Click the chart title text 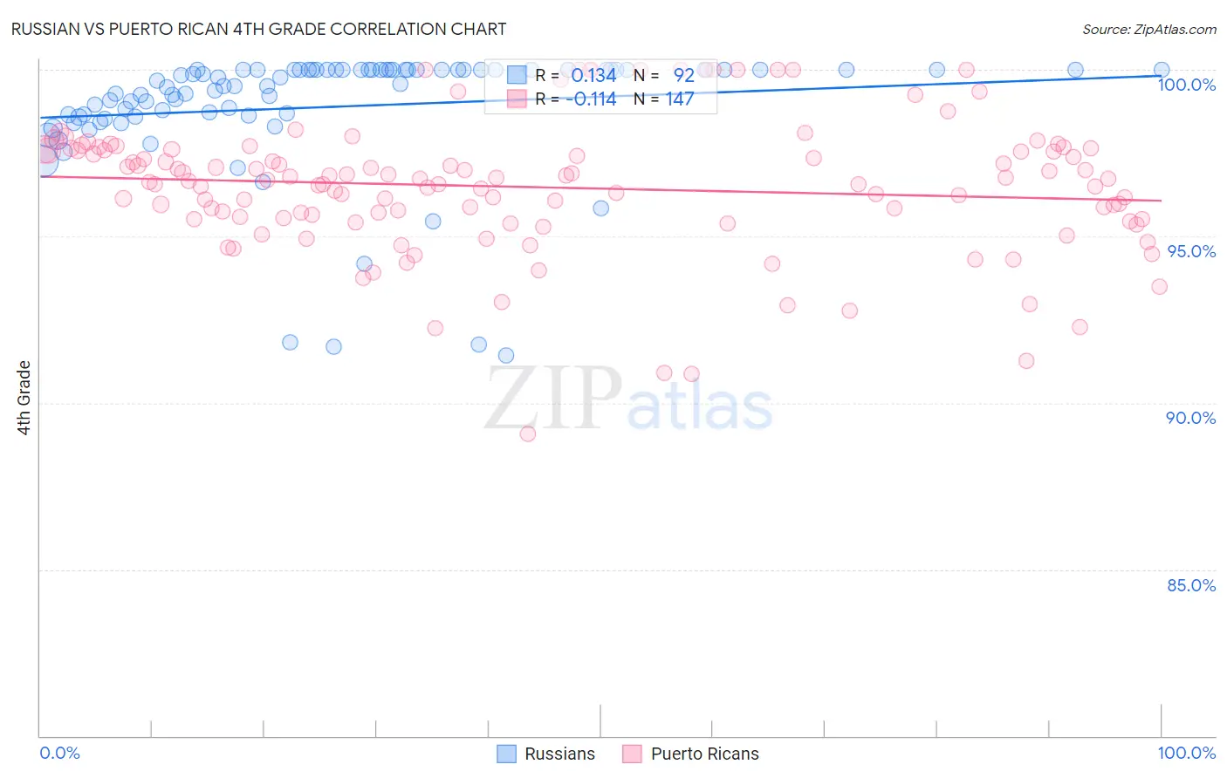point(259,29)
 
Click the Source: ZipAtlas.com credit point(1148,29)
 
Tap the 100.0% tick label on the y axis point(1186,85)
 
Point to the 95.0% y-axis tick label point(1191,251)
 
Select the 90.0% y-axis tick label point(1190,418)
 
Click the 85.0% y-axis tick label point(1190,585)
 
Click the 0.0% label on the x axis point(59,753)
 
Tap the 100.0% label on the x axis point(1186,753)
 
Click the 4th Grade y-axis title point(24,398)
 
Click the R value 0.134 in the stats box point(593,76)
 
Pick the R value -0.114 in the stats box point(591,99)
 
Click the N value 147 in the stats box point(680,99)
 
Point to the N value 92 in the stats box point(683,76)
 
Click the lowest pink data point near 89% point(527,433)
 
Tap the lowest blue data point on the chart point(506,355)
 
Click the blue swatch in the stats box point(517,76)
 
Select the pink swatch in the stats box point(517,99)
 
